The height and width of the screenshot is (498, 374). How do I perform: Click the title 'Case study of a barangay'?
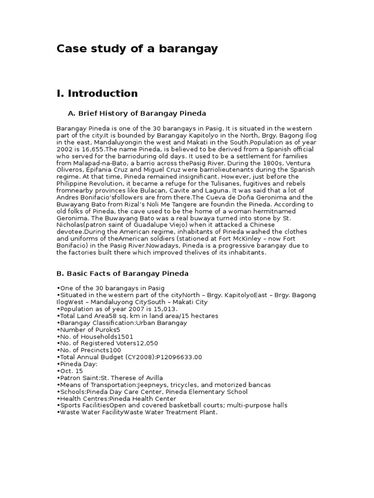click(137, 49)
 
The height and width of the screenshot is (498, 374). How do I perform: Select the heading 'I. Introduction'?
click(97, 93)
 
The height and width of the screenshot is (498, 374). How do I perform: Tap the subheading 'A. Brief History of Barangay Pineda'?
click(137, 113)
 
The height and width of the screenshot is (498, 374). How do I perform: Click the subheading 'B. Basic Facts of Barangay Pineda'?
click(123, 274)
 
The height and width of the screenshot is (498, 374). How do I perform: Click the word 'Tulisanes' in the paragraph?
click(236, 183)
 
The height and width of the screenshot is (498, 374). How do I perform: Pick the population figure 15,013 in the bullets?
click(166, 309)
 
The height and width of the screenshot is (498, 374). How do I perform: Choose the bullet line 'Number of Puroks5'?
click(88, 329)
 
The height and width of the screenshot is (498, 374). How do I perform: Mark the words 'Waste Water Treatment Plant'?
click(169, 412)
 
